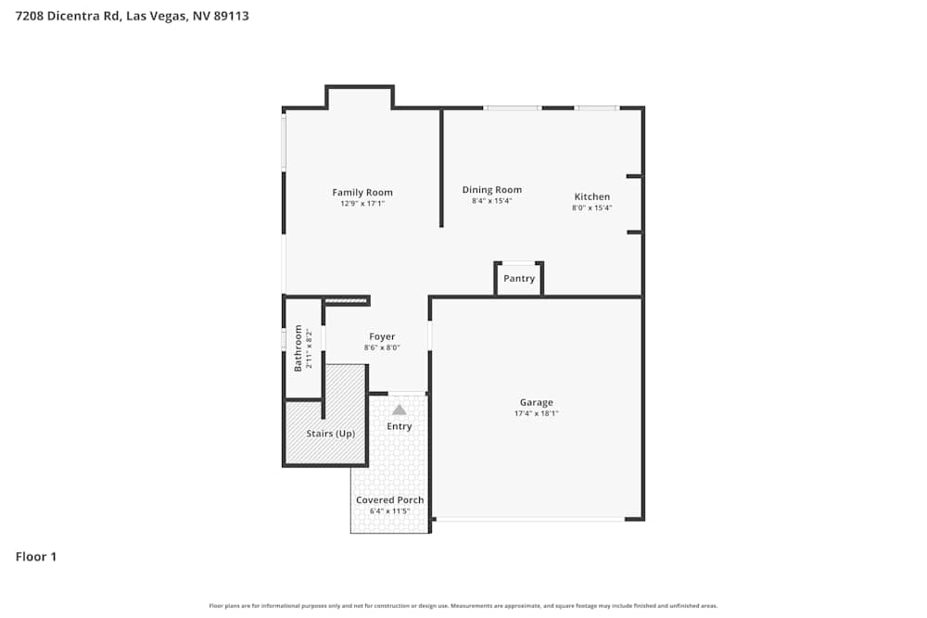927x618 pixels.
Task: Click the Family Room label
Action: (x=362, y=193)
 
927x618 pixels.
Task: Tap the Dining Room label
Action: (x=492, y=190)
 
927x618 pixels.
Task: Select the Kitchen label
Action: (x=592, y=196)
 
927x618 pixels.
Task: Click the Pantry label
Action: (x=519, y=279)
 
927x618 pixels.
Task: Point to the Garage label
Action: (x=536, y=402)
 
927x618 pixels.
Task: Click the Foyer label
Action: (x=382, y=337)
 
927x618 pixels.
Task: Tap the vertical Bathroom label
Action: (x=298, y=347)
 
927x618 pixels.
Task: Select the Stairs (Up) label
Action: (x=331, y=433)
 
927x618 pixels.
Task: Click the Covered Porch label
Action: (x=390, y=500)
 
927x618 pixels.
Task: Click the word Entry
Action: (x=399, y=426)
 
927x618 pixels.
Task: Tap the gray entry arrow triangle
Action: (x=399, y=409)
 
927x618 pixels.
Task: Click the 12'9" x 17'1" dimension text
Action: (x=362, y=204)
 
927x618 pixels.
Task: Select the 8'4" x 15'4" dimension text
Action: (x=492, y=201)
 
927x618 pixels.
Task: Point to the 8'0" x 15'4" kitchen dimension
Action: (x=591, y=208)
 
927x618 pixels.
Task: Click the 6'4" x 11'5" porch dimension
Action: (x=390, y=511)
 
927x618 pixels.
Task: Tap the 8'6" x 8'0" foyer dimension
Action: (x=382, y=348)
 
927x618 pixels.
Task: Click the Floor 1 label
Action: (x=36, y=557)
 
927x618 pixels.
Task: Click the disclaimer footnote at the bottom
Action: (x=463, y=606)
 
